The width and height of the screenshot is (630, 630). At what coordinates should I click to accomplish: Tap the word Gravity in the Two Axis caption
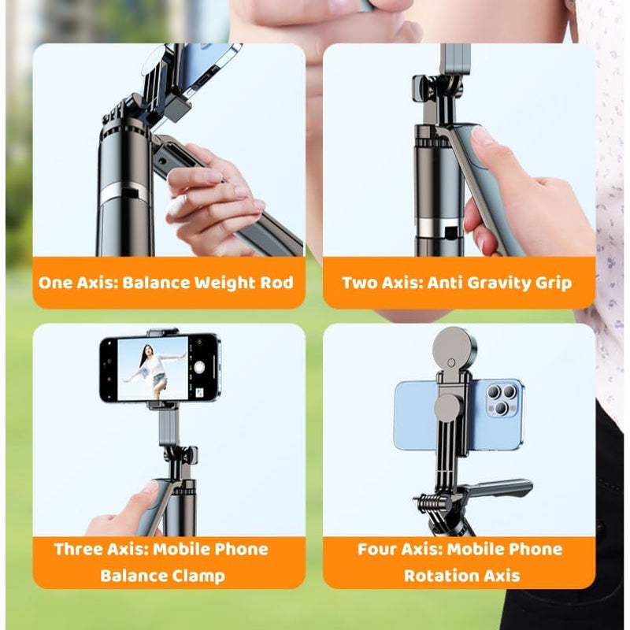[x=491, y=282]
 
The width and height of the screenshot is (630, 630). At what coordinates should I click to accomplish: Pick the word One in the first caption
[x=57, y=282]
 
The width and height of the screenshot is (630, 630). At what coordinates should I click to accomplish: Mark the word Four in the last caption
[x=380, y=549]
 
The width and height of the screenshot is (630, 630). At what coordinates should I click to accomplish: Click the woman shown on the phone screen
[x=154, y=369]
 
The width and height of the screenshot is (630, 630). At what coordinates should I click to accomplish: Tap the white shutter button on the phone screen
[x=200, y=368]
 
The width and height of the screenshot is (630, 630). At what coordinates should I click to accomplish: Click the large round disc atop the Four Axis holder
[x=454, y=348]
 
